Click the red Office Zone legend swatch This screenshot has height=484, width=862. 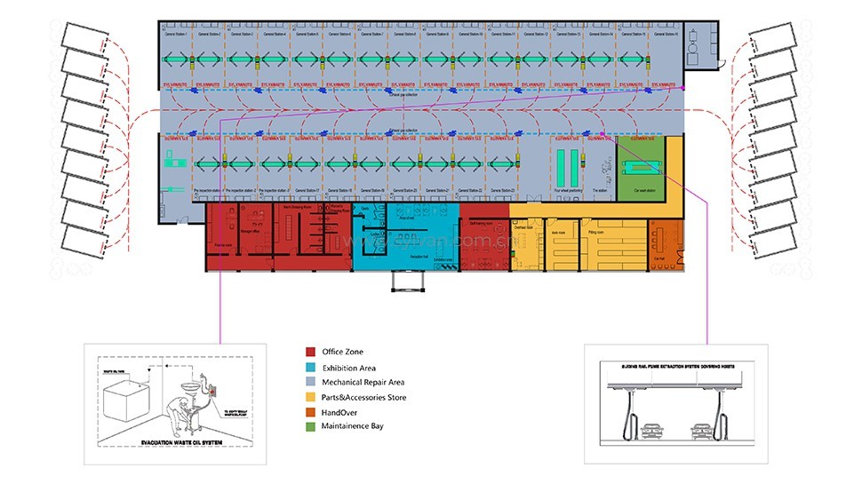click(x=310, y=352)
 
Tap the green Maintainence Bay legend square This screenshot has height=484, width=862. click(x=310, y=427)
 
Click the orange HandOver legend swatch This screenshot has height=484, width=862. click(x=310, y=412)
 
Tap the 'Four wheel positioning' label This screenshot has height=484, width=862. click(x=568, y=190)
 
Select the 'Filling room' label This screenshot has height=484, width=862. click(x=598, y=231)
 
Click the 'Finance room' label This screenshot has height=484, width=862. click(x=225, y=243)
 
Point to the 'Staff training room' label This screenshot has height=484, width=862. click(x=481, y=225)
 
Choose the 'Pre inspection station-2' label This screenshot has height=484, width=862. click(x=241, y=190)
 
